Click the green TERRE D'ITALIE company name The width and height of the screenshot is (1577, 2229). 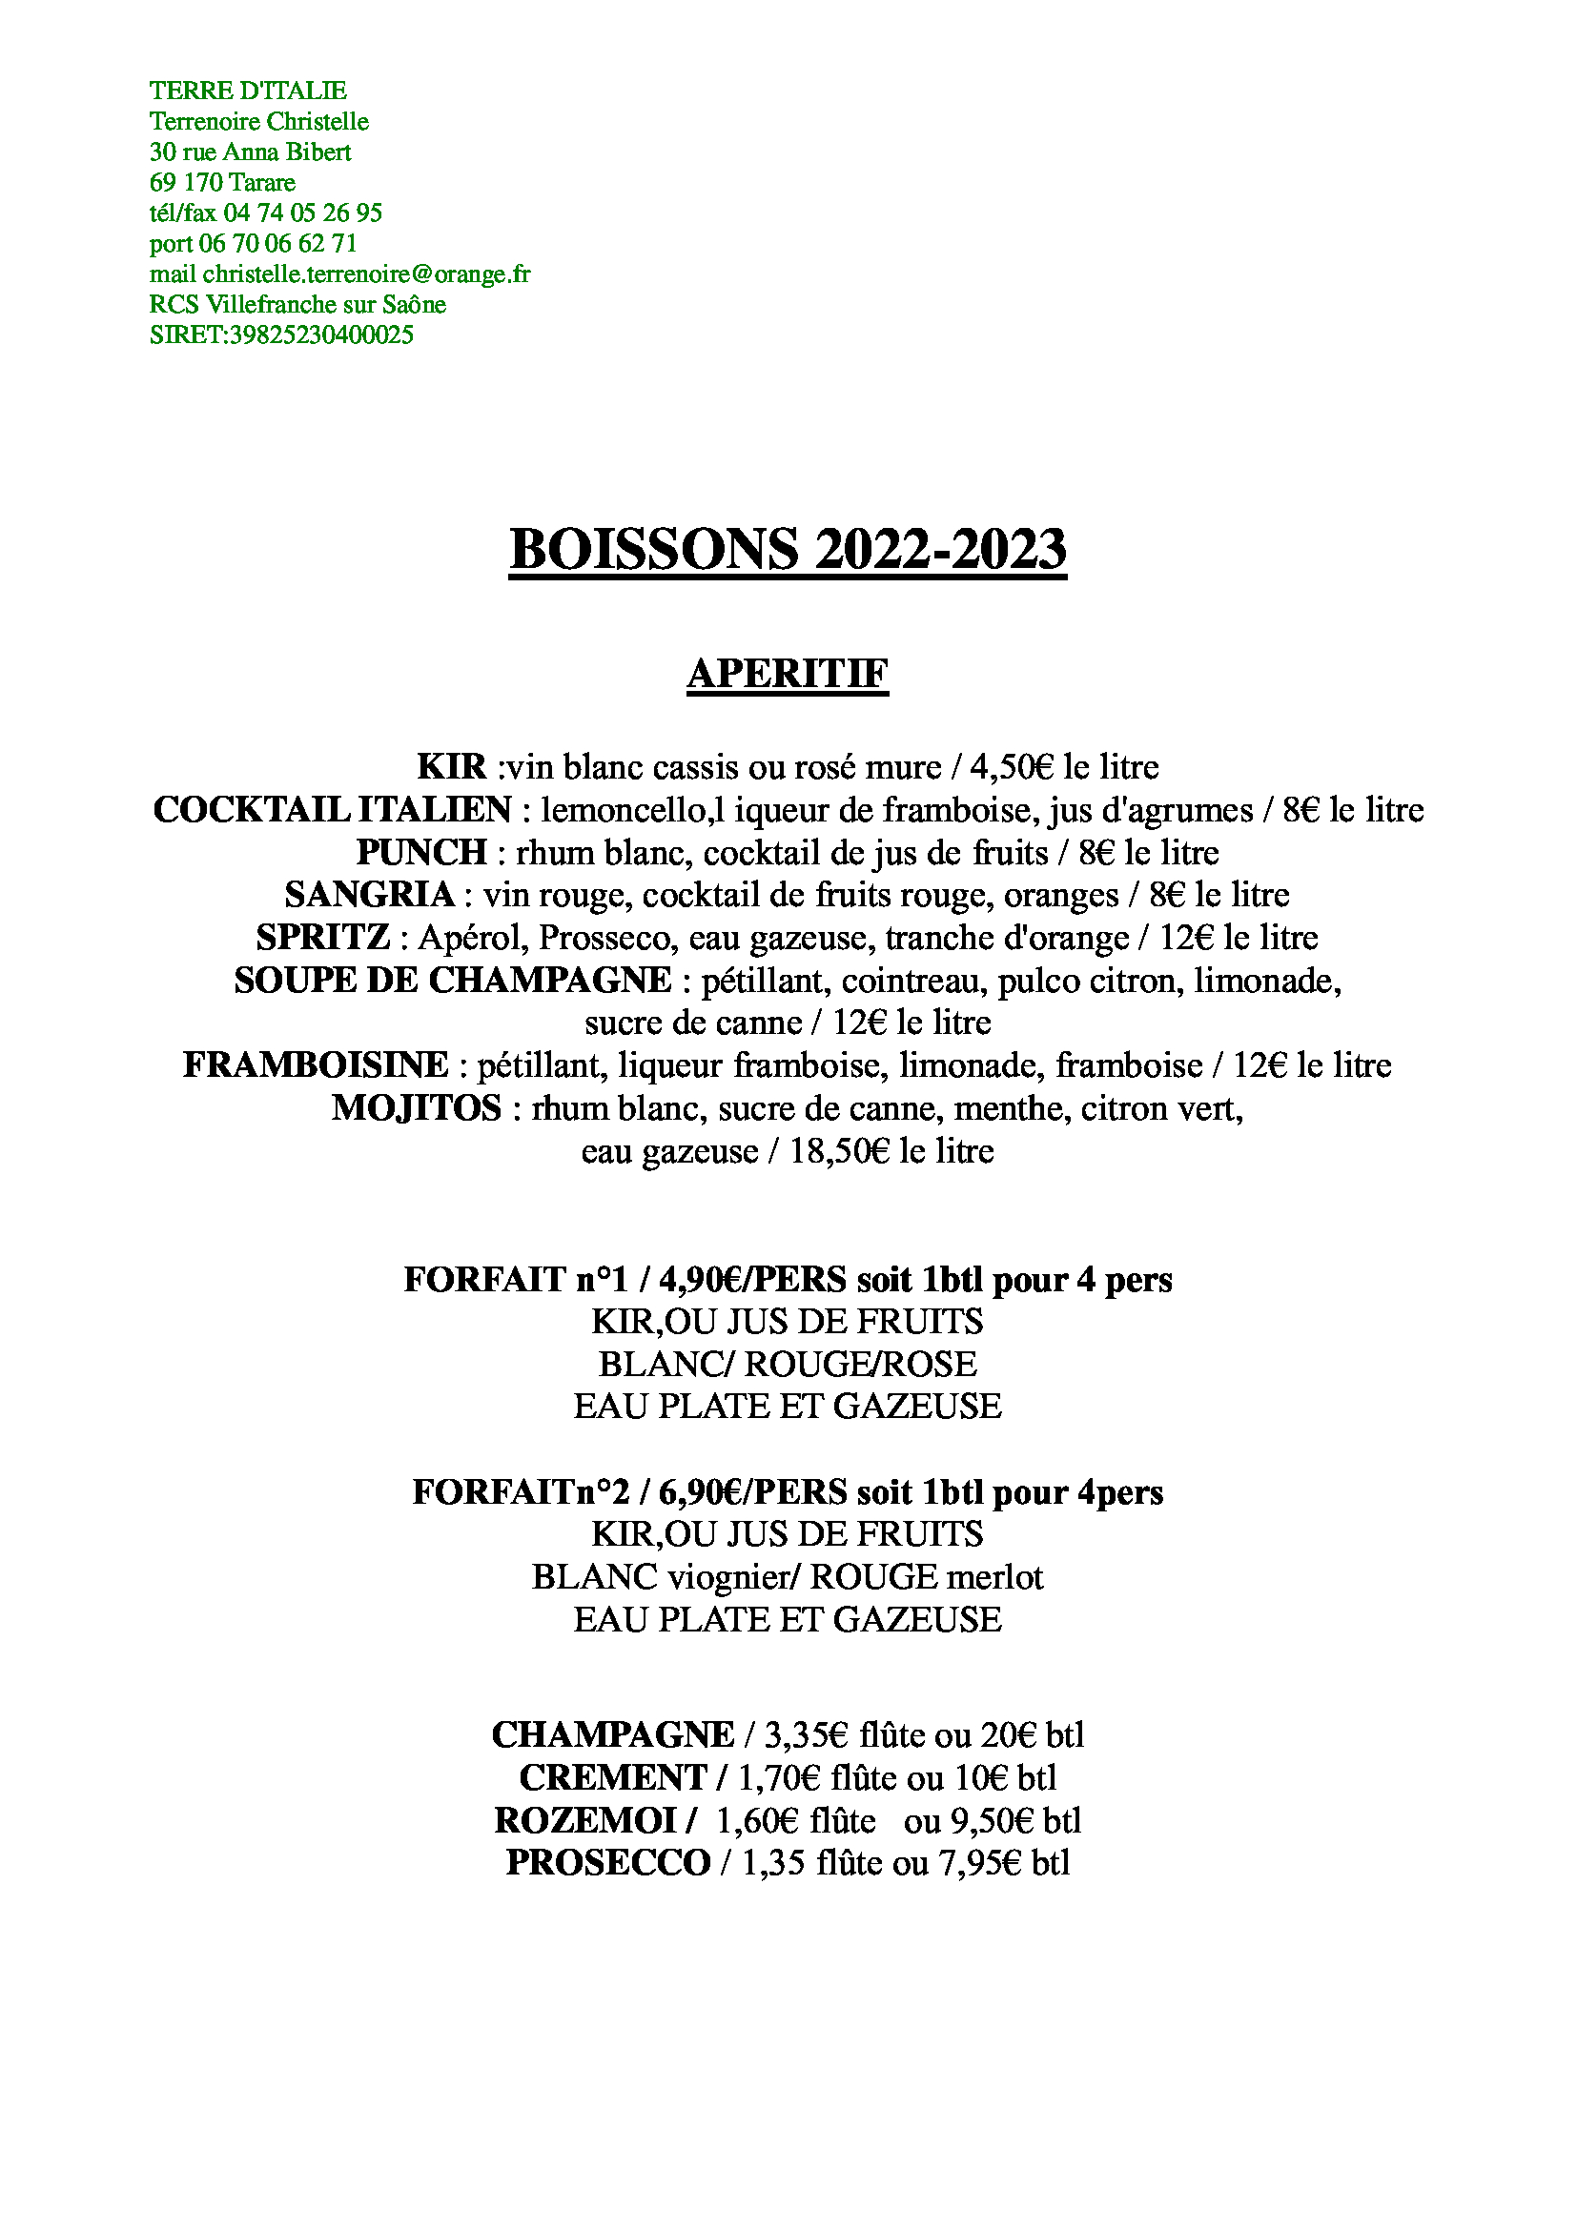pos(248,91)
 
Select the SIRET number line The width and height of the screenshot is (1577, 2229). pos(280,334)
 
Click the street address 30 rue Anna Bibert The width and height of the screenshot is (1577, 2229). pos(250,152)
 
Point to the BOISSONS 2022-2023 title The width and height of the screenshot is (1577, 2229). pos(788,550)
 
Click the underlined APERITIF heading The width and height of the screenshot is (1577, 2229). pos(788,674)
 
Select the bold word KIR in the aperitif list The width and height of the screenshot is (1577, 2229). pos(452,767)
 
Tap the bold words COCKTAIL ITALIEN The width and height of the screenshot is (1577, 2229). pos(332,810)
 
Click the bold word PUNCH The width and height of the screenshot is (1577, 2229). pos(421,852)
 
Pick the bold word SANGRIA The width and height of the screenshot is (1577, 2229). pos(370,894)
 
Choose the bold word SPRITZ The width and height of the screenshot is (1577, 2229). pos(323,938)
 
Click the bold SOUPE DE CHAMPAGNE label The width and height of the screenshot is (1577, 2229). pos(453,981)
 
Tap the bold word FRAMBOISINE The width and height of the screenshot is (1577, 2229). pos(317,1065)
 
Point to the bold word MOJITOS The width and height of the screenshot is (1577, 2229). pos(417,1107)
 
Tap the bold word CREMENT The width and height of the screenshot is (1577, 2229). pos(613,1777)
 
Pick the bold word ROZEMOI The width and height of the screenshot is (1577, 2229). pos(584,1820)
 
